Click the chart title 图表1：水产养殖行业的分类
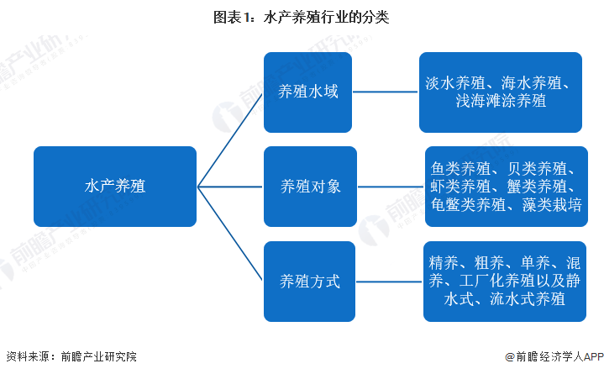(x=302, y=16)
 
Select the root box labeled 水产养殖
(x=115, y=187)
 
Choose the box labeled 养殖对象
(x=310, y=187)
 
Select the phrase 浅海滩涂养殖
(x=501, y=102)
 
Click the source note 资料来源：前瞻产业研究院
(x=71, y=357)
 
